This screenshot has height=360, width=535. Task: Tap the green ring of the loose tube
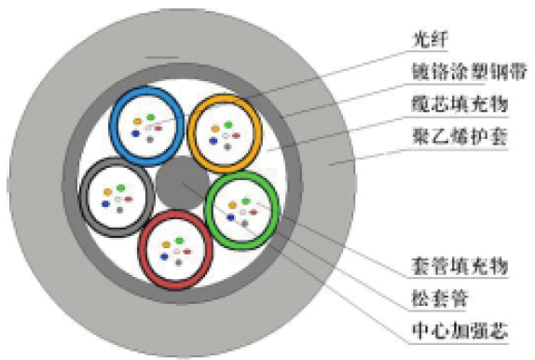coord(210,207)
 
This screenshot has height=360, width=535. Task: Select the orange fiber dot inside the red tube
coord(164,245)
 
